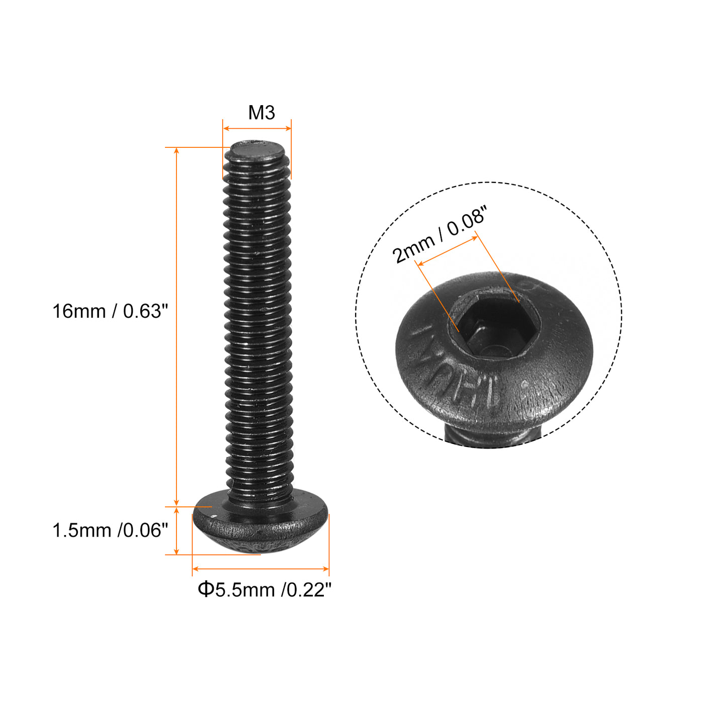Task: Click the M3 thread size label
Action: (261, 113)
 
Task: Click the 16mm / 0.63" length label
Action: (110, 311)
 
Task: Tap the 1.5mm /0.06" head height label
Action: (110, 531)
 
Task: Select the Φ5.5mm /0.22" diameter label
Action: (265, 589)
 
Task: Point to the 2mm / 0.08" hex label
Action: (440, 234)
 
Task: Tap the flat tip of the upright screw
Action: (256, 151)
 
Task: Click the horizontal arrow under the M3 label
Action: (257, 129)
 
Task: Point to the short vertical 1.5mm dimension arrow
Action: (177, 531)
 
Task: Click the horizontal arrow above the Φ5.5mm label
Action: (260, 569)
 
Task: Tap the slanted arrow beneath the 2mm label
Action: (447, 250)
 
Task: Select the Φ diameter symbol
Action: (205, 589)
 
